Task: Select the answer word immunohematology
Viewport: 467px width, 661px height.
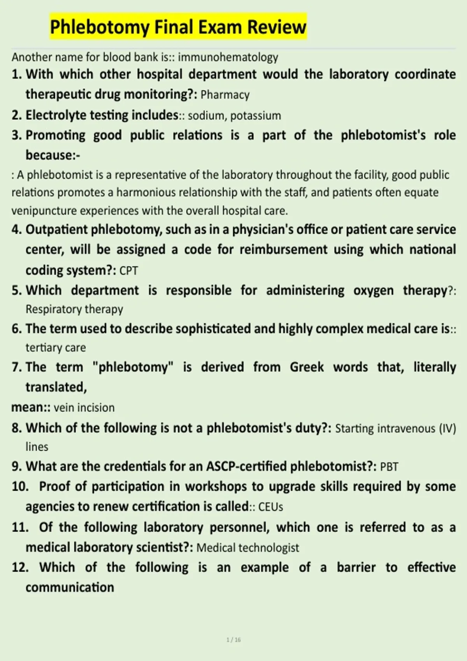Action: tap(228, 57)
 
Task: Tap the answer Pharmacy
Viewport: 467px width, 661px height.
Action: tap(225, 95)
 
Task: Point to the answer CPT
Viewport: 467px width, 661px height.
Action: tap(128, 271)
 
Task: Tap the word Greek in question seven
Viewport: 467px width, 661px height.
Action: tap(307, 367)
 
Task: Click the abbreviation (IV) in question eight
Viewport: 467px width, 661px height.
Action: tap(447, 428)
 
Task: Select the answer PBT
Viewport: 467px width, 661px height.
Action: tap(389, 467)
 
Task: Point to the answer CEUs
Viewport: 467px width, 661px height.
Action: tap(270, 507)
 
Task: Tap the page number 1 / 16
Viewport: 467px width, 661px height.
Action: tap(233, 640)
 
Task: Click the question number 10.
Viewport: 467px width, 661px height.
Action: tap(20, 487)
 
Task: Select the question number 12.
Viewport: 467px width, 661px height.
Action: tap(20, 568)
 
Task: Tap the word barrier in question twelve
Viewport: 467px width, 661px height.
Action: tap(356, 568)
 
